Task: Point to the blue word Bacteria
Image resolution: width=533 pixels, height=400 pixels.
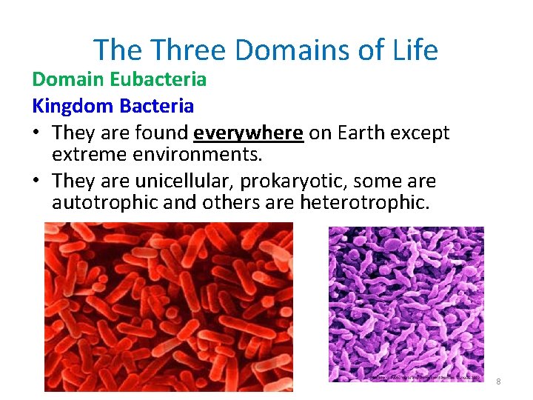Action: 156,106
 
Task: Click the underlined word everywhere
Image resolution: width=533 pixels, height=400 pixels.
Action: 248,133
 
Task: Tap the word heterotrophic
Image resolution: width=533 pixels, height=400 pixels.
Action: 364,203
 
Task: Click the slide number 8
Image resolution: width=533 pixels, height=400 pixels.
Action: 498,381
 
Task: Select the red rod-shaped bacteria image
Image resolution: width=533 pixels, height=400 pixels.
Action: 168,306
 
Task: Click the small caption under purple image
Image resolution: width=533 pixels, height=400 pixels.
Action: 425,378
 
